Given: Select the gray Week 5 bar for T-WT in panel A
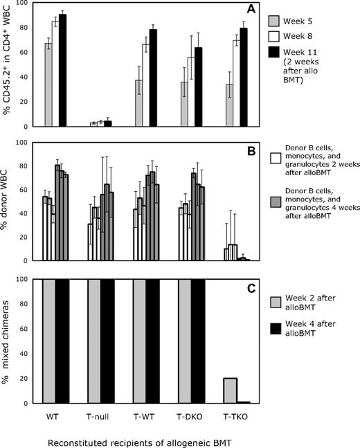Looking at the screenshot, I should click(x=138, y=103).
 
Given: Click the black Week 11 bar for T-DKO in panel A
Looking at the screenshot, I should click(x=197, y=87).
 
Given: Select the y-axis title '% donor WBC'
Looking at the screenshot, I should click(x=10, y=201).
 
